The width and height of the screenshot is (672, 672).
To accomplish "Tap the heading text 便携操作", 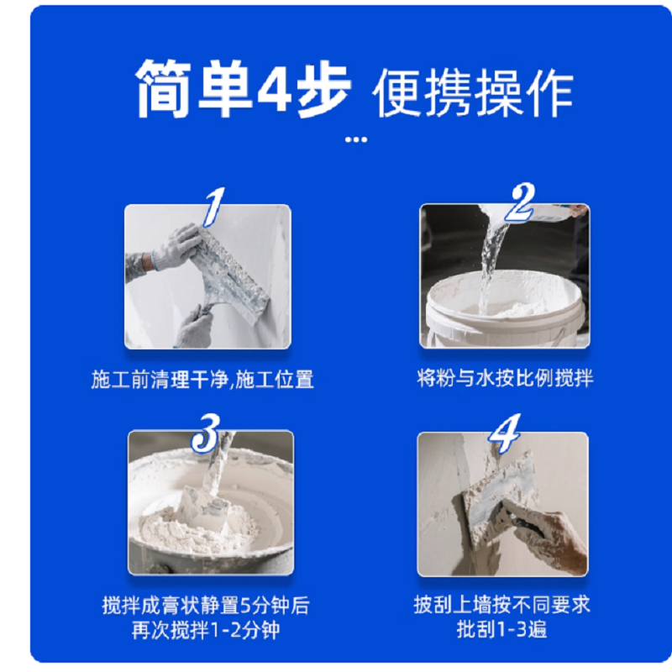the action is (473, 92).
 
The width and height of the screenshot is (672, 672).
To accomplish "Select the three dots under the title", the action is (356, 139).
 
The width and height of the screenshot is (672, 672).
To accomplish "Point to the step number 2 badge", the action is (522, 202).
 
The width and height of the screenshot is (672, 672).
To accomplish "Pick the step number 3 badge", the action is (206, 433).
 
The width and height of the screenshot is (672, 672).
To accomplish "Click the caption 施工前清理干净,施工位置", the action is (202, 380).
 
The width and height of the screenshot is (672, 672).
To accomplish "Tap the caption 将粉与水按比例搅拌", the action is (506, 378).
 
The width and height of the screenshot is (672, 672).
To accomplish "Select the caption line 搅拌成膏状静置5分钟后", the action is (206, 605).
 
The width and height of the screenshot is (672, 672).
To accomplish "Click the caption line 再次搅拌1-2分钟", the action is (206, 630).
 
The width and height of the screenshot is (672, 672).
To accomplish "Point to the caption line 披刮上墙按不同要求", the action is (502, 605).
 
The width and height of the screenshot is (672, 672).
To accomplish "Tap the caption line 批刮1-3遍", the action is (501, 629).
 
